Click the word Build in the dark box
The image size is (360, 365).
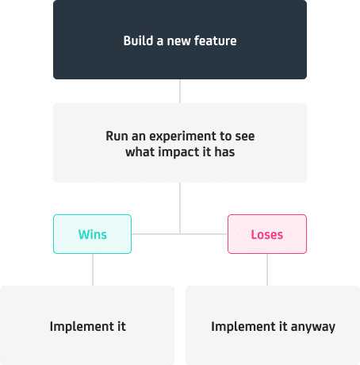tap(138, 40)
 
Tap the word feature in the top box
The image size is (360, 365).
tap(215, 40)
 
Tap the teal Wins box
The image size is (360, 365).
tap(93, 234)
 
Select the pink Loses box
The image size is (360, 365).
tap(267, 234)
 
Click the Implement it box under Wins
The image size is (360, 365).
tap(87, 325)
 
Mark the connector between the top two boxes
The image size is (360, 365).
tap(180, 91)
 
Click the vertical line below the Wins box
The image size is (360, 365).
tap(93, 270)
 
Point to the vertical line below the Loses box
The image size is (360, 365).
tap(267, 270)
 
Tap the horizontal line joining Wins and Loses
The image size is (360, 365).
tap(180, 234)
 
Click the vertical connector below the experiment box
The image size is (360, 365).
tap(180, 208)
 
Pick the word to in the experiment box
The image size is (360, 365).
tap(225, 136)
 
